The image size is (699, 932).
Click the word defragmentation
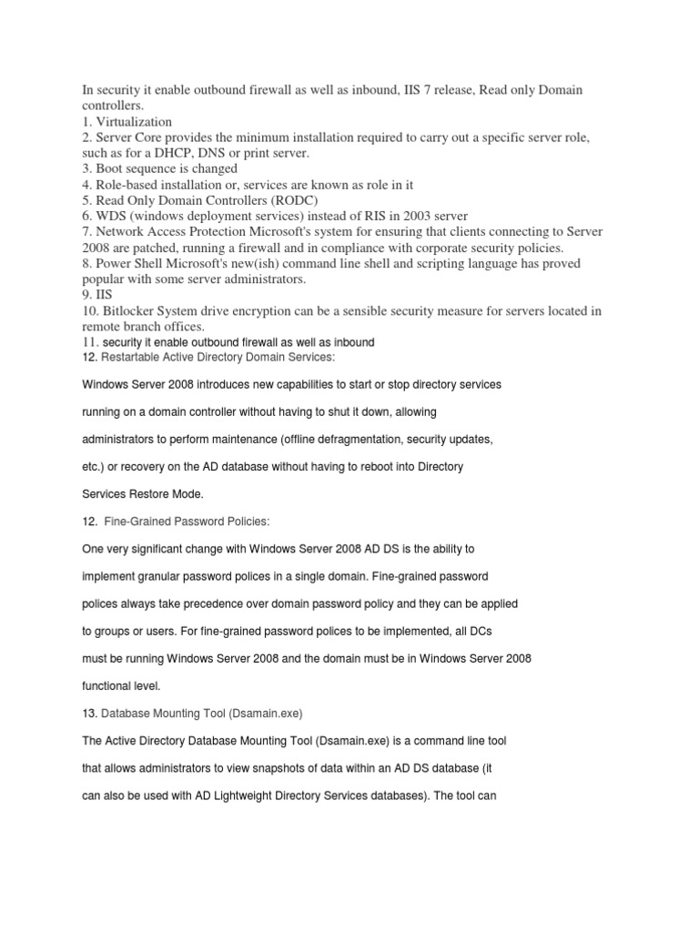354,439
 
